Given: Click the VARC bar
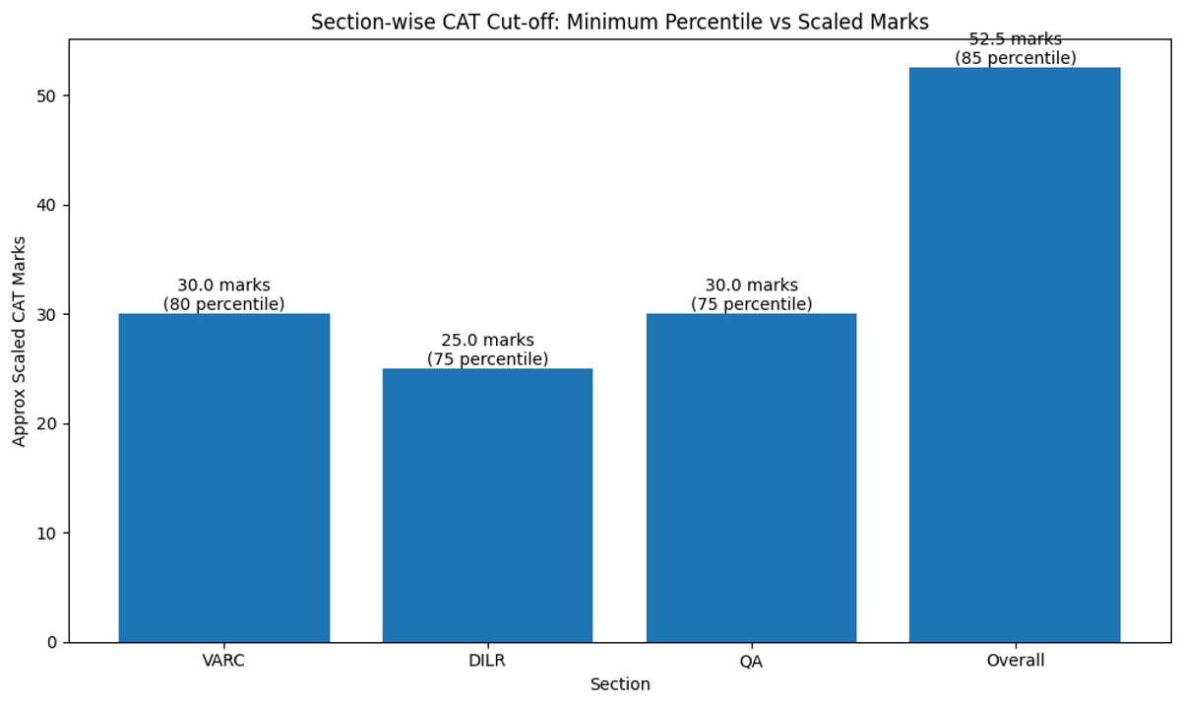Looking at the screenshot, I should point(224,478).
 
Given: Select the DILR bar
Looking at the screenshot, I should point(487,505).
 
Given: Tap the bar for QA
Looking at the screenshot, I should point(751,478).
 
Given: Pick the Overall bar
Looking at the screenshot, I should point(1015,354).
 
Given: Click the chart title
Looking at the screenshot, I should point(619,22).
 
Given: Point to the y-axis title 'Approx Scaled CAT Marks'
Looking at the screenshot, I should point(20,340).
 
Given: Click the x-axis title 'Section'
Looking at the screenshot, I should point(619,684).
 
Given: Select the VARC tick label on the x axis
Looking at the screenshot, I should point(224,661).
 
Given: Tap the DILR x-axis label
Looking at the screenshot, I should point(487,661).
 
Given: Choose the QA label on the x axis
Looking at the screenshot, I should point(751,661).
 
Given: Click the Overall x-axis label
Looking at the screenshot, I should point(1015,661).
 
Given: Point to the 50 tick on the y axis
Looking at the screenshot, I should point(48,96).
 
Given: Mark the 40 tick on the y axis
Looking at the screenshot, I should point(48,205).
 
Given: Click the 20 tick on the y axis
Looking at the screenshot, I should point(48,423).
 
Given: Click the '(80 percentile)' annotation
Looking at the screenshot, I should point(224,304).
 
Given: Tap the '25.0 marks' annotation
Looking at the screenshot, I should point(487,341).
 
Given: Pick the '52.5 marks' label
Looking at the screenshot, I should point(1015,39).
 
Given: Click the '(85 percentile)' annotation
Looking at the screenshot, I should point(1015,58).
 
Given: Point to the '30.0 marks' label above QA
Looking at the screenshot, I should point(751,286).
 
